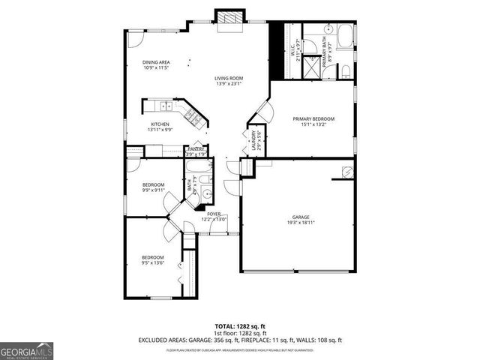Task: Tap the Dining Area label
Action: (x=157, y=62)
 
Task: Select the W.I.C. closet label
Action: (x=292, y=51)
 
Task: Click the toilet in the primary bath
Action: (x=346, y=70)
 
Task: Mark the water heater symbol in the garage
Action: (x=346, y=172)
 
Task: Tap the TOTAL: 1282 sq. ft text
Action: (x=240, y=326)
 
